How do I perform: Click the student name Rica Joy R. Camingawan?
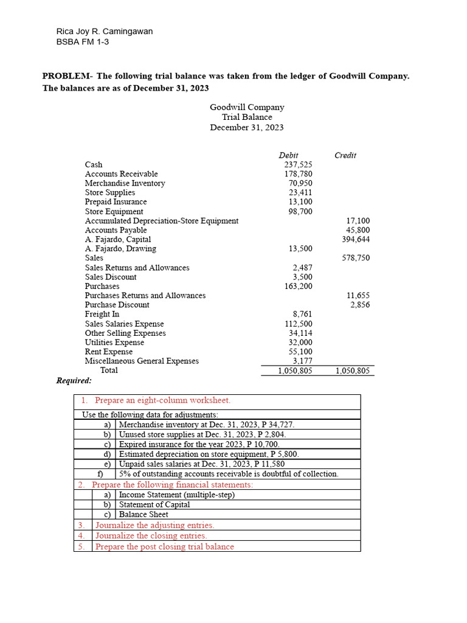coord(104,32)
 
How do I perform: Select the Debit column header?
coord(288,156)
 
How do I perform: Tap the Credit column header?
coord(345,156)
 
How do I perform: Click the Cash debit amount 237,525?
coord(298,165)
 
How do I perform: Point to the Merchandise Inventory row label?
coord(125,183)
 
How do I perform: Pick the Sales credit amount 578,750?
coord(356,258)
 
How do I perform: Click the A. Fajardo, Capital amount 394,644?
coord(356,239)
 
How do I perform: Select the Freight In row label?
coord(102,315)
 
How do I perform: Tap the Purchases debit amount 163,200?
coord(298,286)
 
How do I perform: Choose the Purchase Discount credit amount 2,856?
coord(360,305)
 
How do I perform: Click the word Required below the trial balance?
coord(74,381)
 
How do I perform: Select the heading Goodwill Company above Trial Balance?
coord(247,107)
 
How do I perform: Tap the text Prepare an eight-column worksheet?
coord(162,400)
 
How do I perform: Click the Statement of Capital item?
coord(154,504)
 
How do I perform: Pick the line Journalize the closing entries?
coord(151,536)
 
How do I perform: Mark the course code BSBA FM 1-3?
coord(83,42)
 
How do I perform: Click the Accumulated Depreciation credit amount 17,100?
coord(358,221)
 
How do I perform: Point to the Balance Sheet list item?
coord(144,515)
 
